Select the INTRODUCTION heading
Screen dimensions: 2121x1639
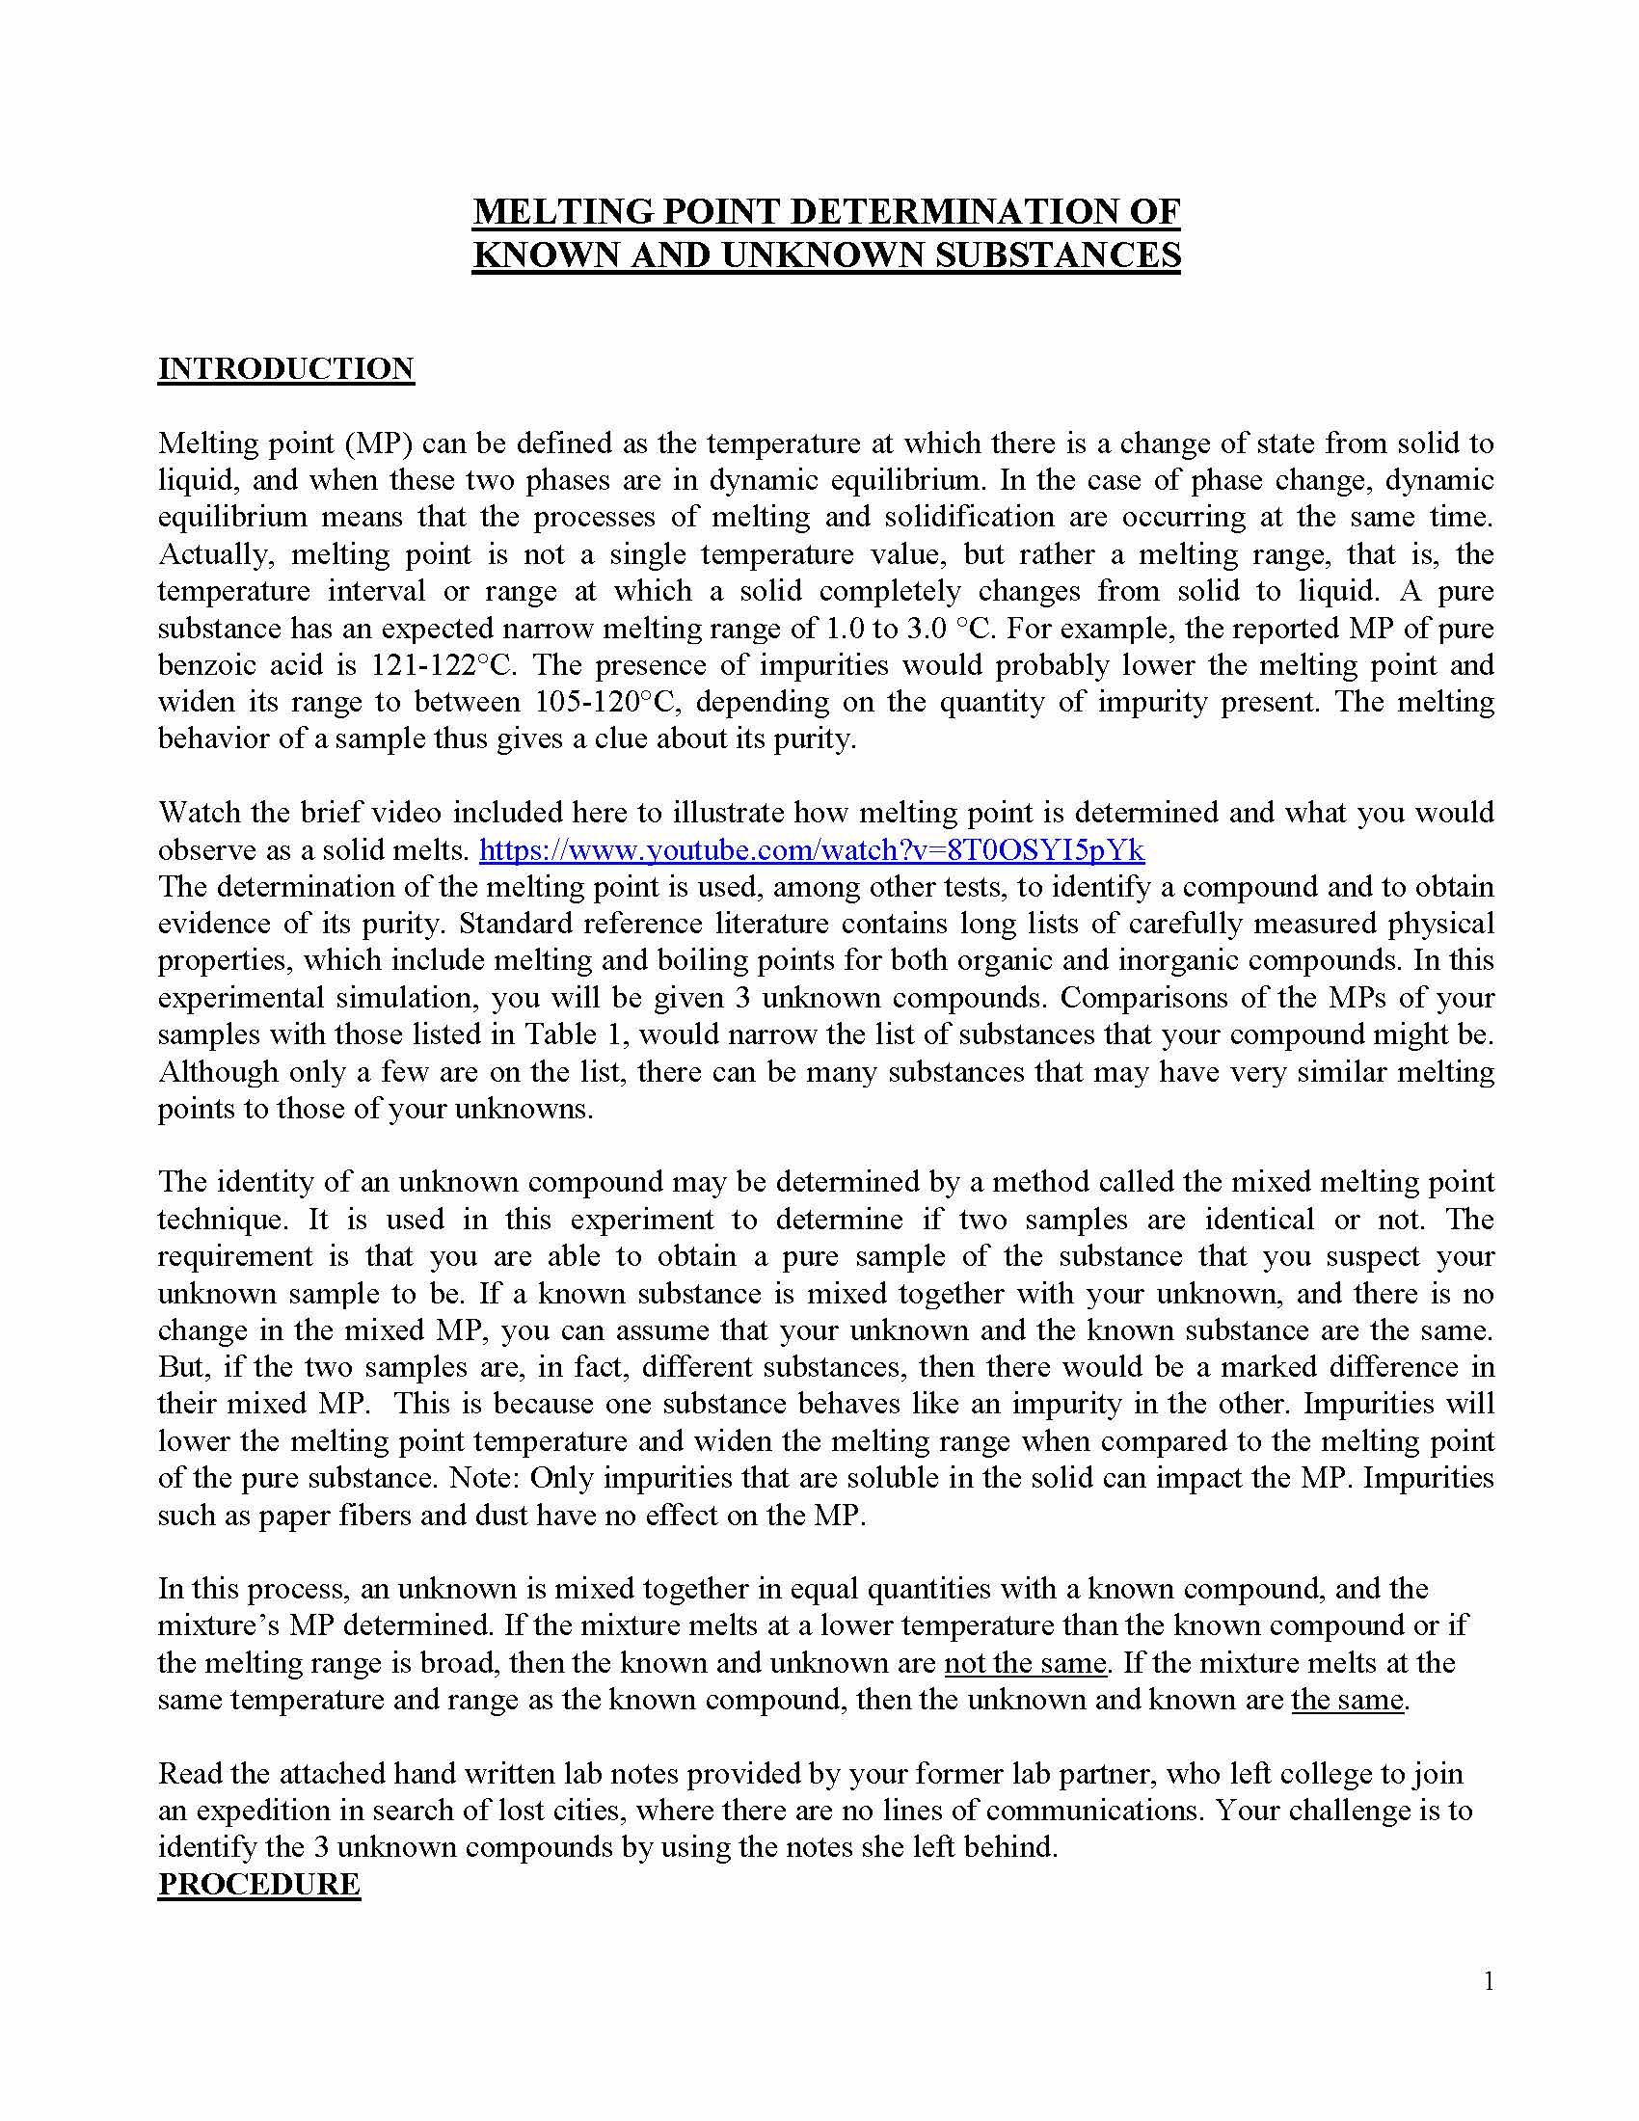click(x=286, y=369)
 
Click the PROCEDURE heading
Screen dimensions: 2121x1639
click(x=259, y=1884)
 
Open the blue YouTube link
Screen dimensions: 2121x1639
click(x=812, y=850)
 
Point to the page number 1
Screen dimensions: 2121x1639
click(x=1489, y=1982)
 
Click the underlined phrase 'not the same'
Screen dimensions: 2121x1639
click(x=1026, y=1664)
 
